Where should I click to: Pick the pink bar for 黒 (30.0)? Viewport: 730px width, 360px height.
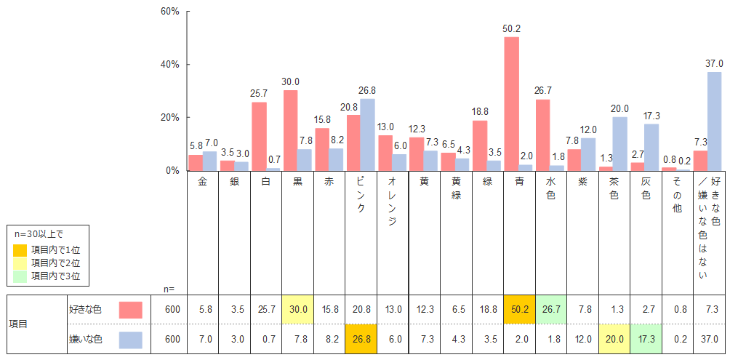[290, 130]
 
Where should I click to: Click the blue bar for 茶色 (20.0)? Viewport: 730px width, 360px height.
[619, 143]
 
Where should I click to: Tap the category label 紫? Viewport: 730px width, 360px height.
[582, 183]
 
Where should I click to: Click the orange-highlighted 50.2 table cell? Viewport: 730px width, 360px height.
[519, 309]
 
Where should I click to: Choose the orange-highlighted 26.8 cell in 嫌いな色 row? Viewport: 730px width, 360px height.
[361, 339]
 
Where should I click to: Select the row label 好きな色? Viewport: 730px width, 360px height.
[85, 310]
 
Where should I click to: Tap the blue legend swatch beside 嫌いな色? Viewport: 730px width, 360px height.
[131, 339]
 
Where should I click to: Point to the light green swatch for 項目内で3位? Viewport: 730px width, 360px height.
[20, 276]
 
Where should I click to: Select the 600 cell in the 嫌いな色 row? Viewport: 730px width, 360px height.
[171, 339]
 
